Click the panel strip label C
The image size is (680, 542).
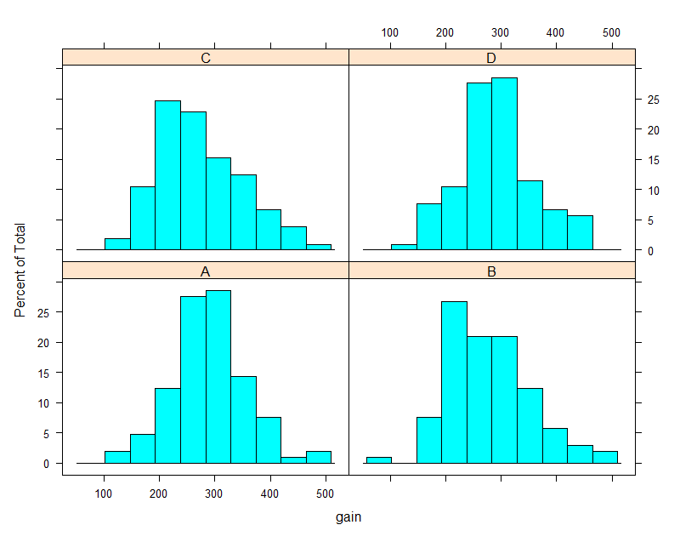pos(205,58)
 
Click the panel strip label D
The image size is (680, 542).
pos(492,58)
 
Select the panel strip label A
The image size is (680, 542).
pos(205,271)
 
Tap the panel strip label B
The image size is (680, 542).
pos(492,271)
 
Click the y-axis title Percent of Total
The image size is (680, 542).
pos(20,271)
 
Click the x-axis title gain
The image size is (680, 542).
pos(348,516)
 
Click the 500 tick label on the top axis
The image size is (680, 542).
pos(611,32)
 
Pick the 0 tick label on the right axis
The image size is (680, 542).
pos(650,250)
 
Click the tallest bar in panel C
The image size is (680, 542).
pos(167,174)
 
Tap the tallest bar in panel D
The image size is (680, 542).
pos(504,163)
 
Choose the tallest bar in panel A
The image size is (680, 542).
pos(218,377)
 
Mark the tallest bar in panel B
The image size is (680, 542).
pos(454,382)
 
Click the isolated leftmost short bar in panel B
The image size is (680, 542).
pos(379,460)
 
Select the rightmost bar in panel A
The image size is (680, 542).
pos(319,457)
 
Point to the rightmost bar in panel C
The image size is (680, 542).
pos(319,247)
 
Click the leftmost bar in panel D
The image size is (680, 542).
pos(404,247)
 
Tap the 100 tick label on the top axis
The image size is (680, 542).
pos(390,32)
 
